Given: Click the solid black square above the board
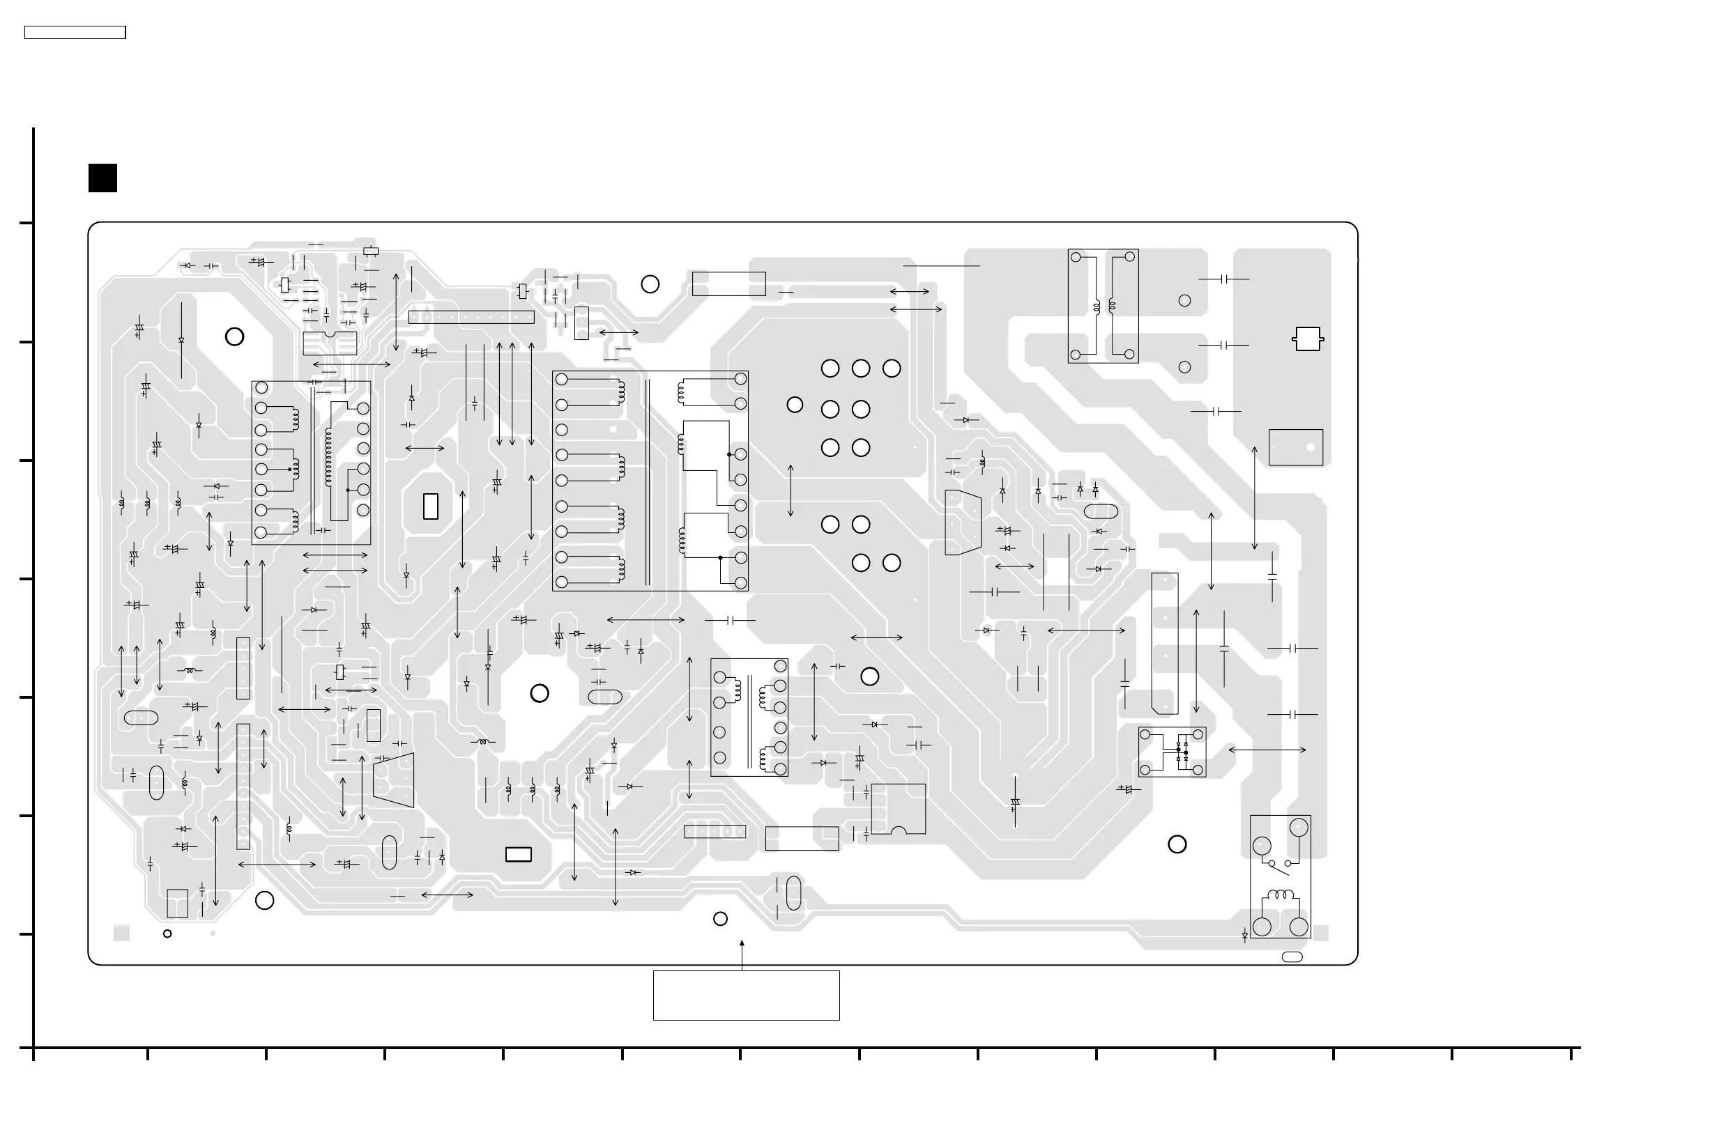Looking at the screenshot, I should tap(103, 178).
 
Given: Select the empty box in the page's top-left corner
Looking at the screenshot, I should tap(75, 33).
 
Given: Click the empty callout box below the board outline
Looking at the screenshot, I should tap(747, 996).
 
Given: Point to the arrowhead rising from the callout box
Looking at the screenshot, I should tap(742, 944).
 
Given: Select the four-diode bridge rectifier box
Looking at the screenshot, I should tap(1172, 752).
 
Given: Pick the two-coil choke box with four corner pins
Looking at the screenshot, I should tap(1102, 306).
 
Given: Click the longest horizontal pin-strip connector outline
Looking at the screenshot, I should tap(471, 318).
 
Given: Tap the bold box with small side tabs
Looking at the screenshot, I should tap(1308, 339).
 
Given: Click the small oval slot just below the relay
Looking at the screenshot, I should tap(1292, 957).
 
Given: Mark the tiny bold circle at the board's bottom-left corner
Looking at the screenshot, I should tap(167, 934).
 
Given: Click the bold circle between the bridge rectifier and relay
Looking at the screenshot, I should tap(1177, 844).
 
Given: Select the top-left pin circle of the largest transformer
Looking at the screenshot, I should tap(561, 379).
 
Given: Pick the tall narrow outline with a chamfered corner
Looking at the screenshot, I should tap(1165, 643).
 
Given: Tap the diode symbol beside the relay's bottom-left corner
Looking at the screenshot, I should tap(1244, 936).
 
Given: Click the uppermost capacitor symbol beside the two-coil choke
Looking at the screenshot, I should tap(1223, 279).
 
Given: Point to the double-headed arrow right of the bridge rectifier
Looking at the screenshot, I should tap(1267, 750).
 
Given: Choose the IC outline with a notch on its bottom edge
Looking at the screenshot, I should tap(899, 809).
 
